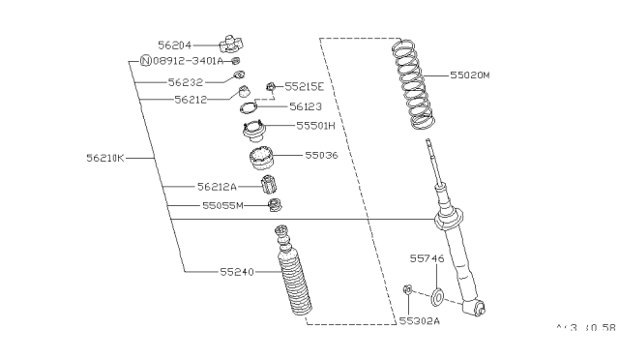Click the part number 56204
pyautogui.click(x=176, y=44)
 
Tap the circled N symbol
pyautogui.click(x=146, y=60)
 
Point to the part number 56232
pyautogui.click(x=185, y=82)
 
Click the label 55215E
pyautogui.click(x=303, y=87)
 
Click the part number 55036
pyautogui.click(x=321, y=154)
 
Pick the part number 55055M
pyautogui.click(x=221, y=205)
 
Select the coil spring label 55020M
pyautogui.click(x=470, y=74)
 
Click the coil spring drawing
pyautogui.click(x=413, y=86)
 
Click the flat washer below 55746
pyautogui.click(x=438, y=295)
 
